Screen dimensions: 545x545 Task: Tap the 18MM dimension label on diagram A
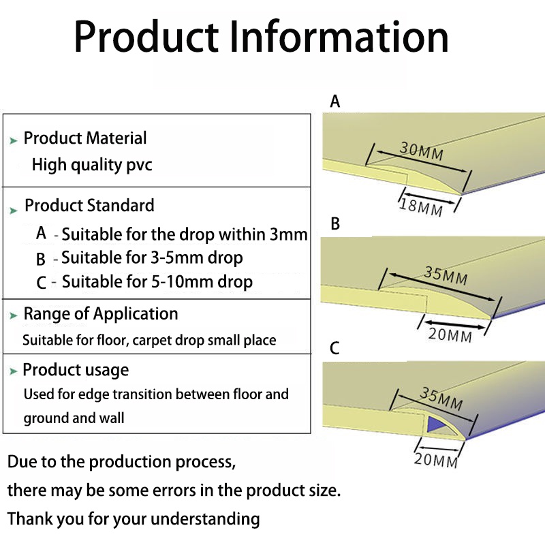pos(420,206)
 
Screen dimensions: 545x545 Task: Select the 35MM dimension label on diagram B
pos(446,275)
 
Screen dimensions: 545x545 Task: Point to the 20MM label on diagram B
pos(450,334)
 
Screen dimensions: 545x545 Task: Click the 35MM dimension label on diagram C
pos(441,398)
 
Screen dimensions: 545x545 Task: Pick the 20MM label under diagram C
pos(435,461)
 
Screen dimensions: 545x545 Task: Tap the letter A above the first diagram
pos(334,102)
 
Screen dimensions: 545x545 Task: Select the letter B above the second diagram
pos(334,224)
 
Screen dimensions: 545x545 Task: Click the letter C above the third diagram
pos(334,348)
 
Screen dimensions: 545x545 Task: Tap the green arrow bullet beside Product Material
pos(14,140)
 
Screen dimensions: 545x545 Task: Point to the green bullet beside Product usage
pos(14,372)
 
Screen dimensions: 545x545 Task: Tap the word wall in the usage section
pos(110,418)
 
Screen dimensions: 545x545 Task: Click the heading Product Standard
pos(89,206)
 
